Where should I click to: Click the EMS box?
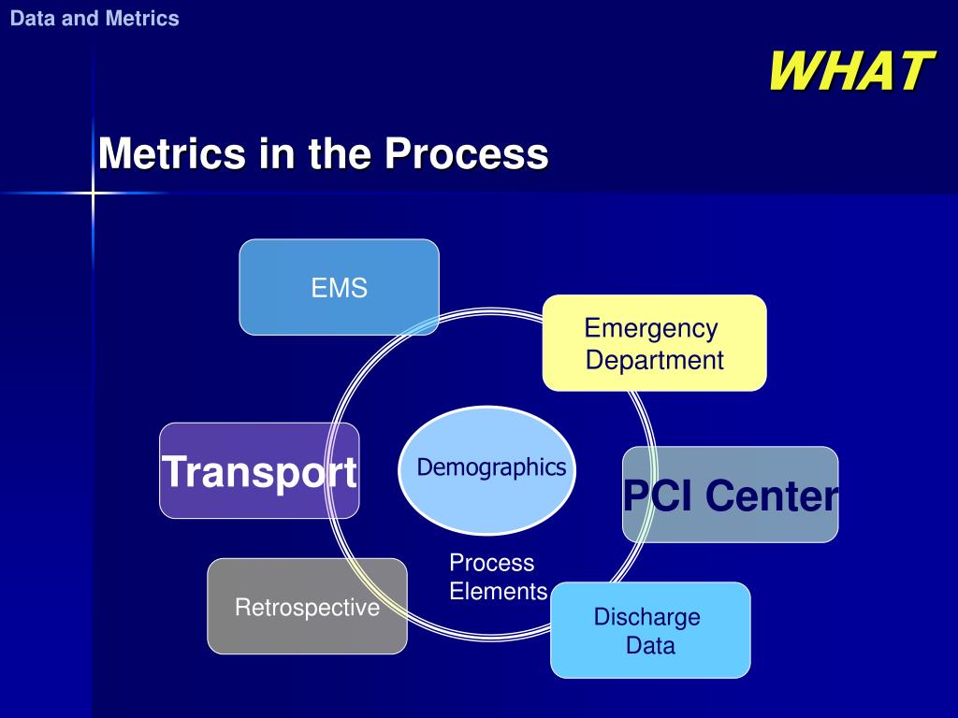pyautogui.click(x=339, y=287)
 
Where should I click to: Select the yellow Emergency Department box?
pyautogui.click(x=654, y=342)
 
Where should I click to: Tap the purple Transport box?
pyautogui.click(x=259, y=471)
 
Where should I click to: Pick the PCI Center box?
pyautogui.click(x=730, y=495)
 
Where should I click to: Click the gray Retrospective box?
pyautogui.click(x=307, y=607)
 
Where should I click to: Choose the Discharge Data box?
pyautogui.click(x=650, y=630)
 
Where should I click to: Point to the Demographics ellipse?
pyautogui.click(x=491, y=467)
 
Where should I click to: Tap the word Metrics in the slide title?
pyautogui.click(x=173, y=152)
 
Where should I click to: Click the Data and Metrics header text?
pyautogui.click(x=94, y=19)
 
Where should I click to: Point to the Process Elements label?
pyautogui.click(x=497, y=577)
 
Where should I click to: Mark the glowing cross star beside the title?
pyautogui.click(x=94, y=194)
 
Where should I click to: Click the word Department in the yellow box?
pyautogui.click(x=655, y=360)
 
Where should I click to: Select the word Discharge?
pyautogui.click(x=647, y=617)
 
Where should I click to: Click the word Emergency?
pyautogui.click(x=651, y=328)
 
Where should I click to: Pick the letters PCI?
pyautogui.click(x=660, y=495)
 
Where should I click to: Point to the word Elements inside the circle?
pyautogui.click(x=498, y=591)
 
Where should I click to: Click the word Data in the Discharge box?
pyautogui.click(x=650, y=645)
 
